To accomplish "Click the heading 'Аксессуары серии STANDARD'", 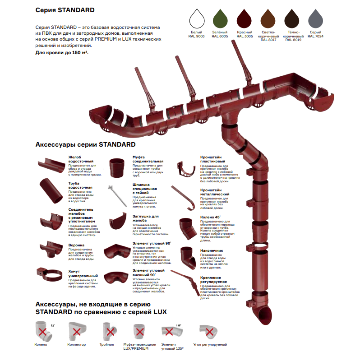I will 85,145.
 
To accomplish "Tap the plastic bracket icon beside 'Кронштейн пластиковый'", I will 186,168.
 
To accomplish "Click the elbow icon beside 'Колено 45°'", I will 187,227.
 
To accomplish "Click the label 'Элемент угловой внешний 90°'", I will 148,272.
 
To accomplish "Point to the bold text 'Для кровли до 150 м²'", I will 62,53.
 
